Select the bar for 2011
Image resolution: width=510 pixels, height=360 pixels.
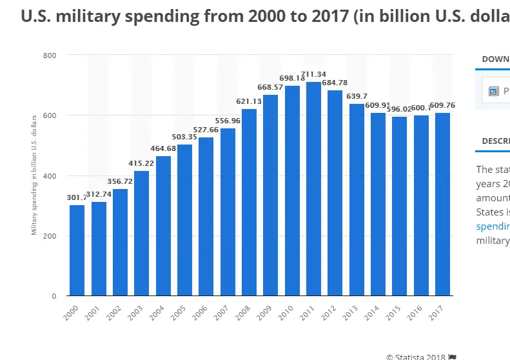pos(313,188)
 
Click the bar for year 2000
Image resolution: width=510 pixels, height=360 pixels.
pos(77,250)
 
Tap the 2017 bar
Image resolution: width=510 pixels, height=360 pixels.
pos(442,204)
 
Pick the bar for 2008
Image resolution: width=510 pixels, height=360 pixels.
pos(249,202)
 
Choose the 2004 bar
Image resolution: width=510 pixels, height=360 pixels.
pos(163,226)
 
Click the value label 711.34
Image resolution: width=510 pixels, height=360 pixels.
pos(313,74)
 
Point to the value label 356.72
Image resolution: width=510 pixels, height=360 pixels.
pos(120,181)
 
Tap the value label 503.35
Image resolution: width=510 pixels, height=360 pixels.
pos(184,137)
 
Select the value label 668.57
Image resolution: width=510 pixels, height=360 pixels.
pos(270,87)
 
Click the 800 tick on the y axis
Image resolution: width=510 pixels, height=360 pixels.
pos(50,55)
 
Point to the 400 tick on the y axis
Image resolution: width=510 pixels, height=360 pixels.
pos(50,175)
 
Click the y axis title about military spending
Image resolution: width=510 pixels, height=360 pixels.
pos(34,175)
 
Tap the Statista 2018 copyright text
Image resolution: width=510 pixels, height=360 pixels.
pos(416,356)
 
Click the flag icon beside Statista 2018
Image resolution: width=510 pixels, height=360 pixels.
pos(453,356)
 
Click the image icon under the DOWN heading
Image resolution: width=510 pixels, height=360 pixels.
pos(494,91)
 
